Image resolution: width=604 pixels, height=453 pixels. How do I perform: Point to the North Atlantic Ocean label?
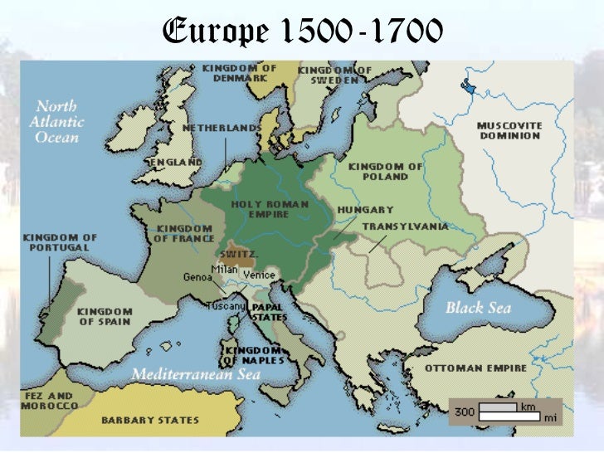coord(56,121)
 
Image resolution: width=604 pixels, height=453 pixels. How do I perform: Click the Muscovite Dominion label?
coord(509,130)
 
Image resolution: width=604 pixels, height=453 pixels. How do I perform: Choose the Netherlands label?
coord(221,129)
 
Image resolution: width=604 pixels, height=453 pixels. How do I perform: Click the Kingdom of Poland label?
coord(385,171)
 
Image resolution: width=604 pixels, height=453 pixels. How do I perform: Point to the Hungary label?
coord(365,210)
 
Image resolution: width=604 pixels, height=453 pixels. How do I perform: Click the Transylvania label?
coord(405,226)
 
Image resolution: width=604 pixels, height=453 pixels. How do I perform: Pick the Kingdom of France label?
coord(184,233)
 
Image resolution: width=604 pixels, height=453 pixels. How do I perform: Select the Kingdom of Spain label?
coord(105,317)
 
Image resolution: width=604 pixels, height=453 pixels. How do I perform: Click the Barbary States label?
coord(152,420)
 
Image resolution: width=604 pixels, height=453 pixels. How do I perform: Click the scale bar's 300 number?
coord(465,411)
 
